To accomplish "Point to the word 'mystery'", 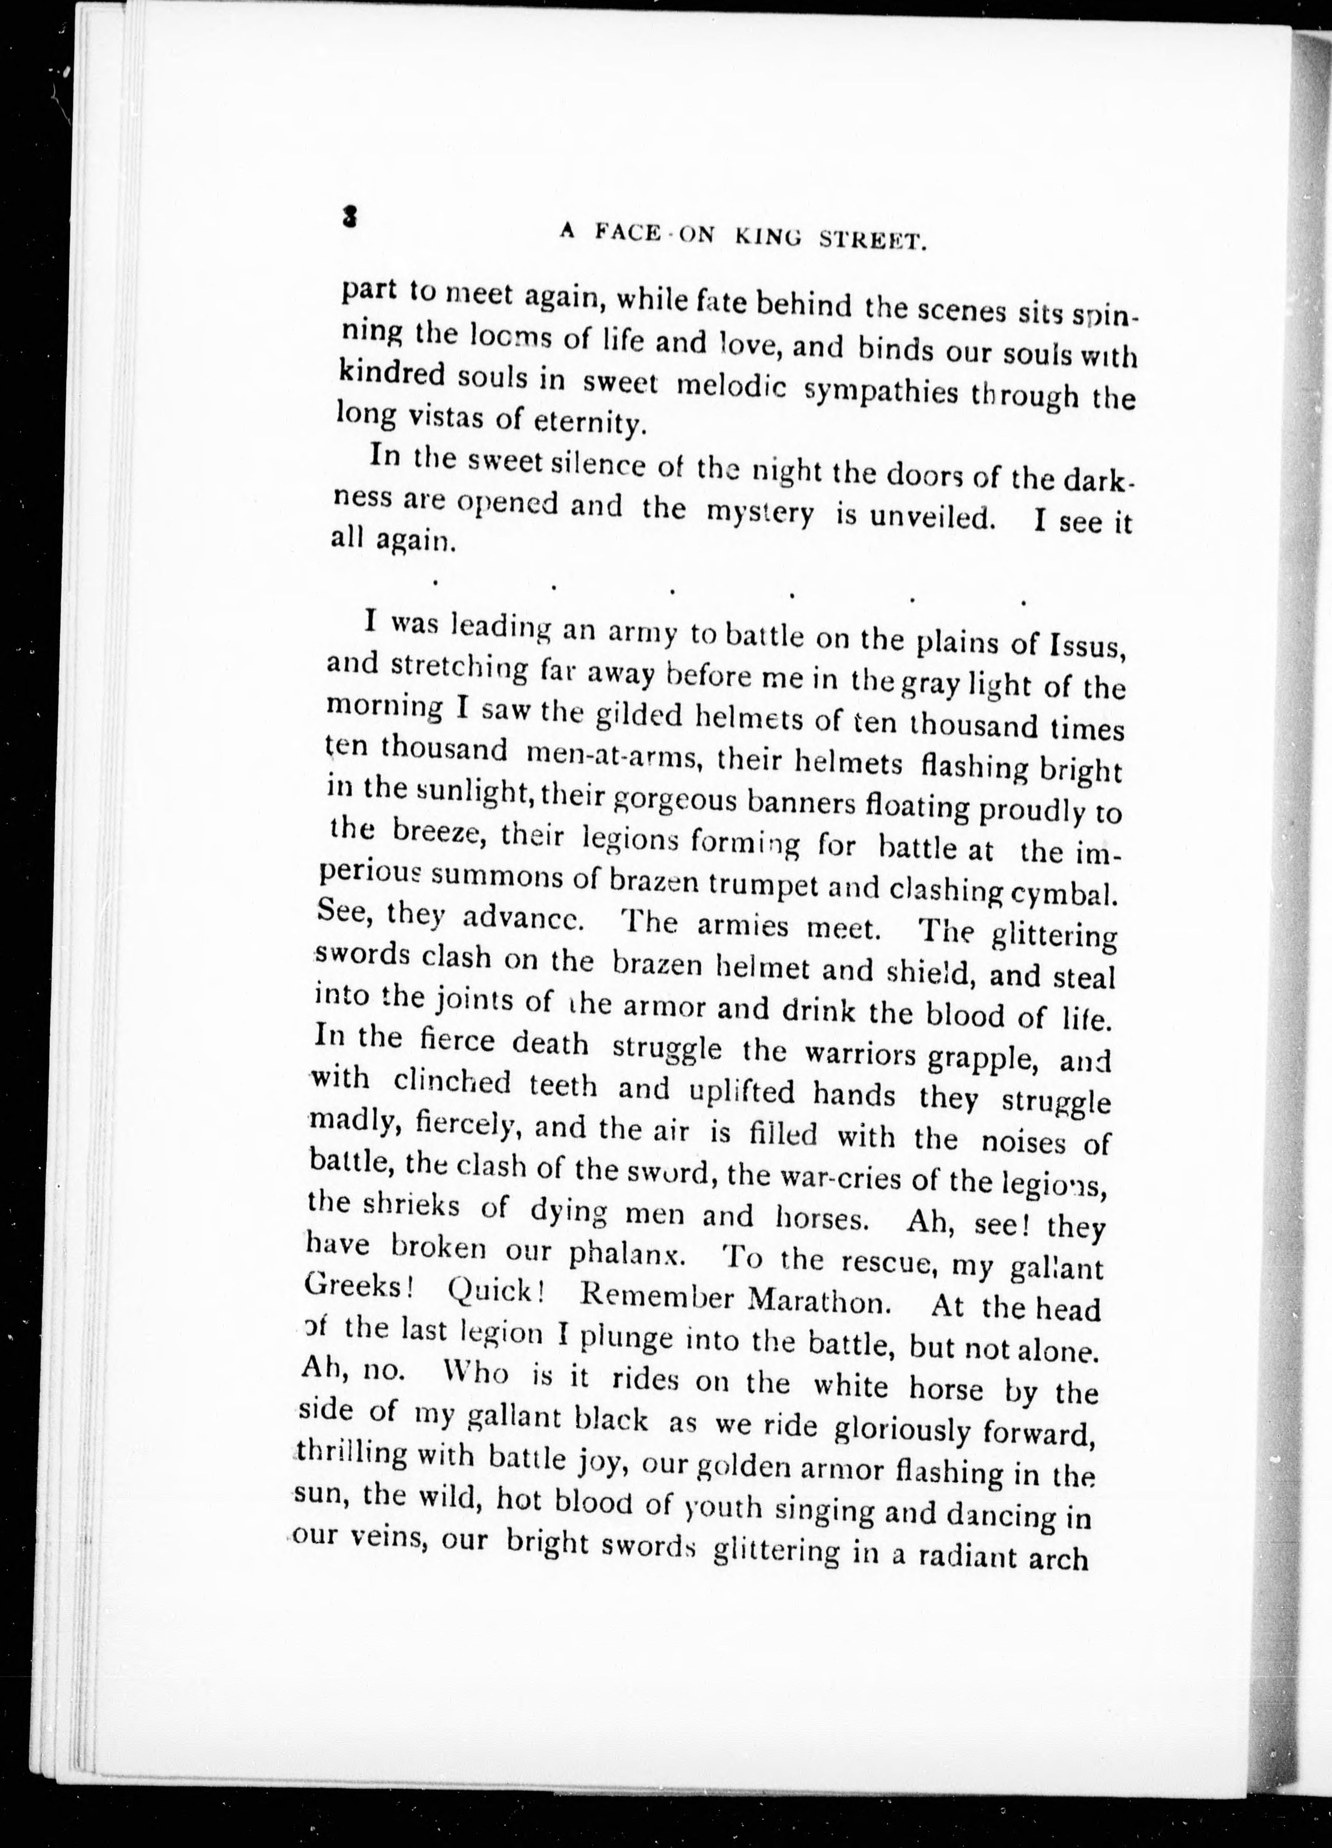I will click(x=759, y=514).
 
